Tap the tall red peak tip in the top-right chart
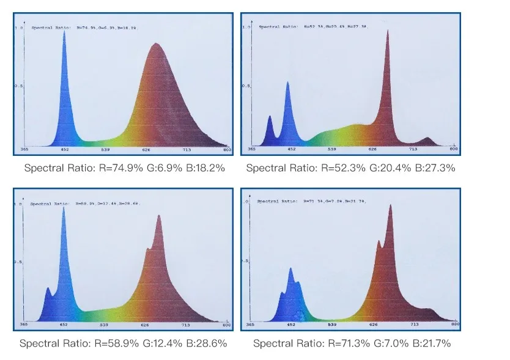[x=387, y=30]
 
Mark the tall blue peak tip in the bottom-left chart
[x=64, y=207]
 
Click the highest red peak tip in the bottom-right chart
[x=390, y=205]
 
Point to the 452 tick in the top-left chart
[x=64, y=150]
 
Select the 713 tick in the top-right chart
[x=413, y=149]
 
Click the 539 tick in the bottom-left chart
[x=104, y=325]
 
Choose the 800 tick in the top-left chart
[x=227, y=150]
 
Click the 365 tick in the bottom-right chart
[x=251, y=325]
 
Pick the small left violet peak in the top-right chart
[x=270, y=116]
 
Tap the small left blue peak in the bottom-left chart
[x=48, y=288]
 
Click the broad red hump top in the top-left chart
[x=156, y=44]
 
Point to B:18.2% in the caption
[x=205, y=167]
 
